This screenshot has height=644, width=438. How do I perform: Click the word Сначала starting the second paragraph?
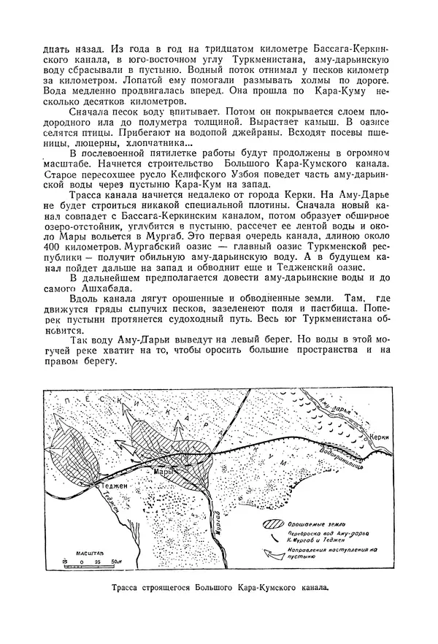88,110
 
